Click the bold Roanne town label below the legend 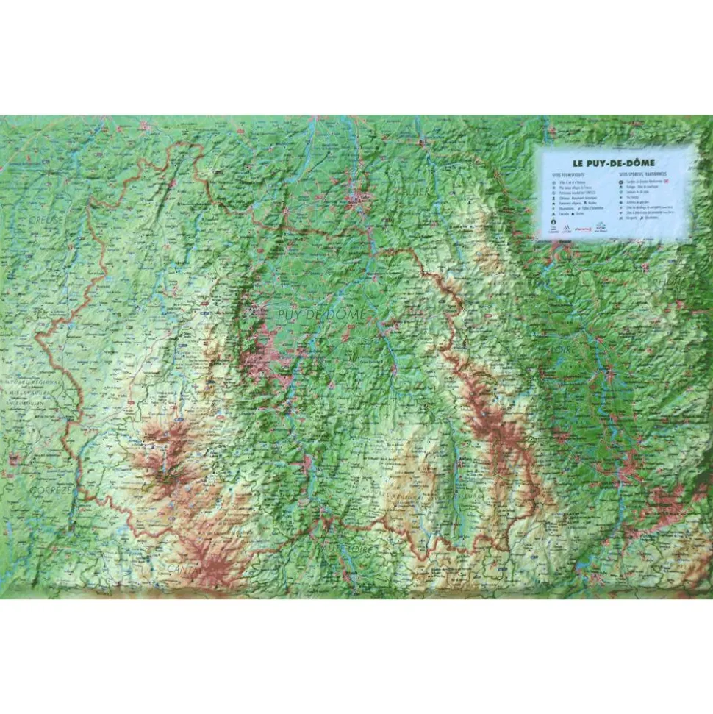pyautogui.click(x=565, y=240)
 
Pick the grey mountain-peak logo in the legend pyautogui.click(x=601, y=228)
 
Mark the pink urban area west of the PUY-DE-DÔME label pyautogui.click(x=262, y=353)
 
